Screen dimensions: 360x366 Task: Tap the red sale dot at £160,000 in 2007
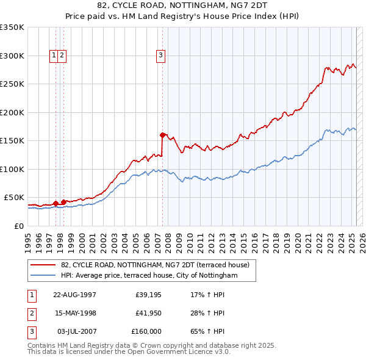(163, 135)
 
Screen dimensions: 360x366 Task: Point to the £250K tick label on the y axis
(12, 84)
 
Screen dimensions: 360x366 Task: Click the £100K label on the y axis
(12, 169)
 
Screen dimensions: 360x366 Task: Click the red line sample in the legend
(43, 265)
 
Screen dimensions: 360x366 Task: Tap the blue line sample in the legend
(43, 276)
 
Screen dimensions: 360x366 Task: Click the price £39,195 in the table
(146, 295)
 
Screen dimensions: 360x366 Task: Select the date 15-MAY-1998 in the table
(75, 313)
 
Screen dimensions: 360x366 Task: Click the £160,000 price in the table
(146, 331)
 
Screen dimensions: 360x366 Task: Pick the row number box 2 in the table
(30, 313)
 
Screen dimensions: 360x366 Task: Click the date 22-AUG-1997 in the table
(75, 295)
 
